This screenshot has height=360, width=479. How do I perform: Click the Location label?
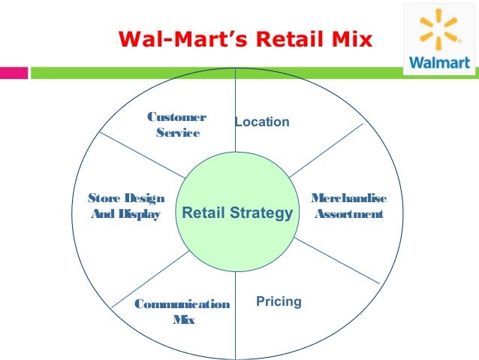tap(262, 122)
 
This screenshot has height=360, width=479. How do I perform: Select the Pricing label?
tap(279, 301)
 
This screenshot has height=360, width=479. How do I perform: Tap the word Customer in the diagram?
tap(177, 117)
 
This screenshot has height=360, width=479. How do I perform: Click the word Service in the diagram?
tap(177, 133)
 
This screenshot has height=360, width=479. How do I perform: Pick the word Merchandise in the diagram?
tap(349, 198)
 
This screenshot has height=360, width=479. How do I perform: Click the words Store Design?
tap(126, 198)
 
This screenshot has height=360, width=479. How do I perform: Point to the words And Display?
tap(125, 215)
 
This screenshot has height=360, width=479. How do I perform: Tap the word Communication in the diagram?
tap(182, 304)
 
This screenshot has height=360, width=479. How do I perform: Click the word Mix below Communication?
tap(183, 321)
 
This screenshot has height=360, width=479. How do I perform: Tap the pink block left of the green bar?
tap(14, 74)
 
